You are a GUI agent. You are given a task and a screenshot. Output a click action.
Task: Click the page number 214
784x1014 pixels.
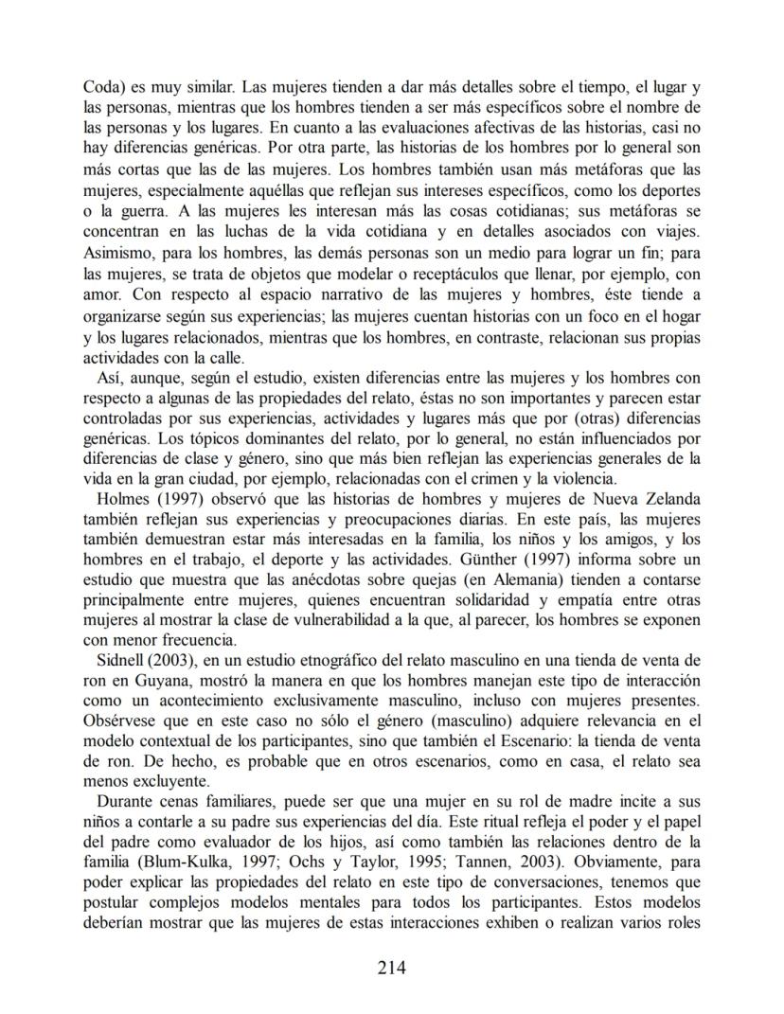(391, 968)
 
